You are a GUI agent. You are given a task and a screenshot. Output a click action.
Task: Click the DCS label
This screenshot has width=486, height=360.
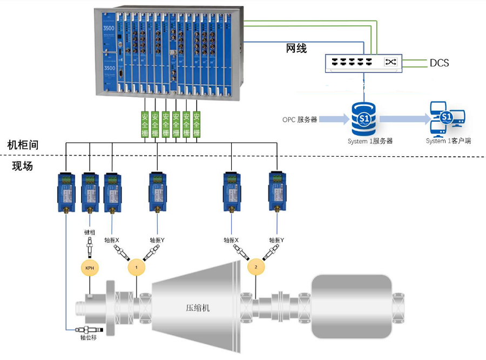(x=439, y=63)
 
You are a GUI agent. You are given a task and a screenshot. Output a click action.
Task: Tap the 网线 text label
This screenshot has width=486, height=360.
(x=296, y=49)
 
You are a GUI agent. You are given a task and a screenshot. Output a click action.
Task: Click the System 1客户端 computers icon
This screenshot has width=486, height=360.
(x=447, y=119)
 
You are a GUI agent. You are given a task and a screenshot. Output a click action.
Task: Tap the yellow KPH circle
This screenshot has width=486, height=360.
(x=89, y=268)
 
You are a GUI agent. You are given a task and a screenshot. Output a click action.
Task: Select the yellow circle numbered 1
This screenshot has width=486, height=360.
(x=137, y=267)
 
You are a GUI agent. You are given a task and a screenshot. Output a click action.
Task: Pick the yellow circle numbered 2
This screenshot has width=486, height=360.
(x=256, y=267)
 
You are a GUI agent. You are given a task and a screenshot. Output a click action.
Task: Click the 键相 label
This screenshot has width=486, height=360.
(x=89, y=232)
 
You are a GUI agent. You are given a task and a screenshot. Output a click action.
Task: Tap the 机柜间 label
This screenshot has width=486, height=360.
(x=23, y=145)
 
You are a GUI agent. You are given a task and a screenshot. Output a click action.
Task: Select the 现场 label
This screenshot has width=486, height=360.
(x=23, y=166)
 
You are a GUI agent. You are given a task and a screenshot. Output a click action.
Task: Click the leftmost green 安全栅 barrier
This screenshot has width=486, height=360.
(x=145, y=125)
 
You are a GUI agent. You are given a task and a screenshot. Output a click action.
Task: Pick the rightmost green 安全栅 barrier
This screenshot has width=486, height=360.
(x=197, y=125)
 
